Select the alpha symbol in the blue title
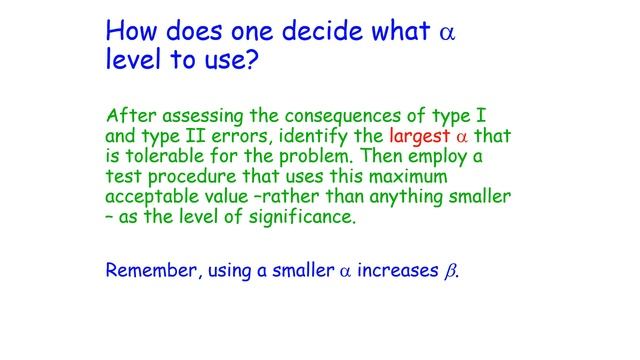tap(446, 32)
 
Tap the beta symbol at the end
tap(449, 270)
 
